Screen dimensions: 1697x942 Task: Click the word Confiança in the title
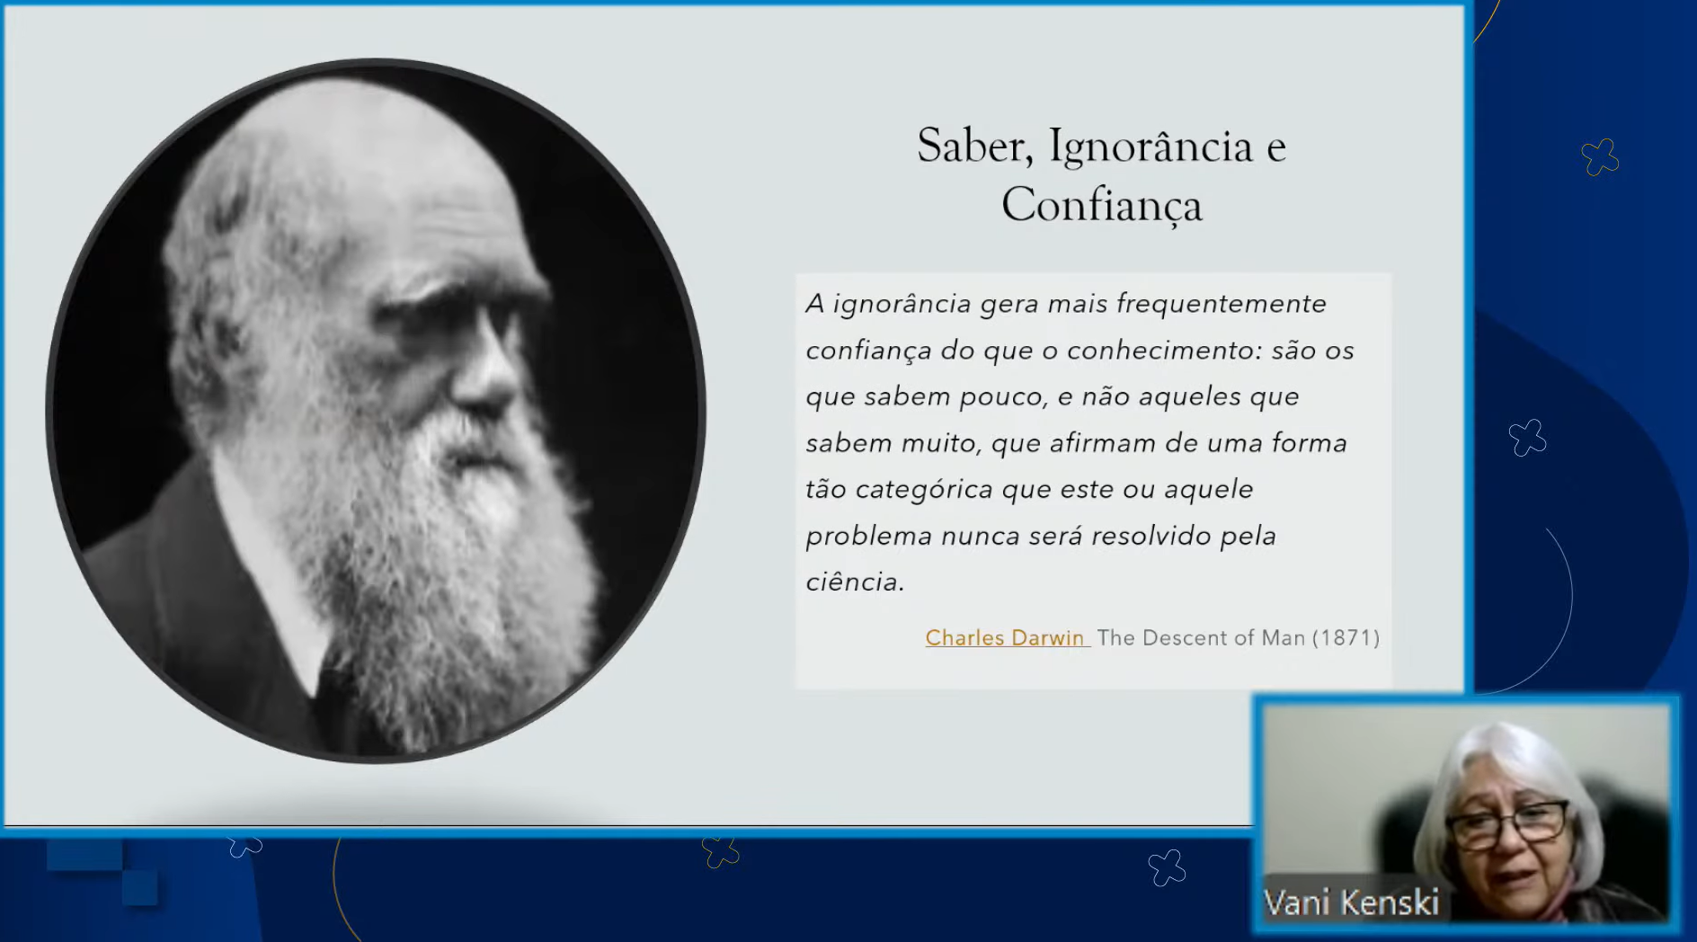click(x=1102, y=205)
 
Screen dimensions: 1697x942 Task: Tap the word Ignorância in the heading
click(x=1151, y=147)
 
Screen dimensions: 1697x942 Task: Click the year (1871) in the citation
click(x=1346, y=637)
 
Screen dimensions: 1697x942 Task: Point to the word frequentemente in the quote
click(x=1221, y=304)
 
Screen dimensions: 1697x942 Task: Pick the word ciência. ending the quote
click(x=855, y=582)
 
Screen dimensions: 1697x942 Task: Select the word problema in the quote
click(x=868, y=537)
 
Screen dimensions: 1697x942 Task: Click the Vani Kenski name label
click(x=1351, y=902)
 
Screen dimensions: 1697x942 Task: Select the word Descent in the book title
click(x=1184, y=637)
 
